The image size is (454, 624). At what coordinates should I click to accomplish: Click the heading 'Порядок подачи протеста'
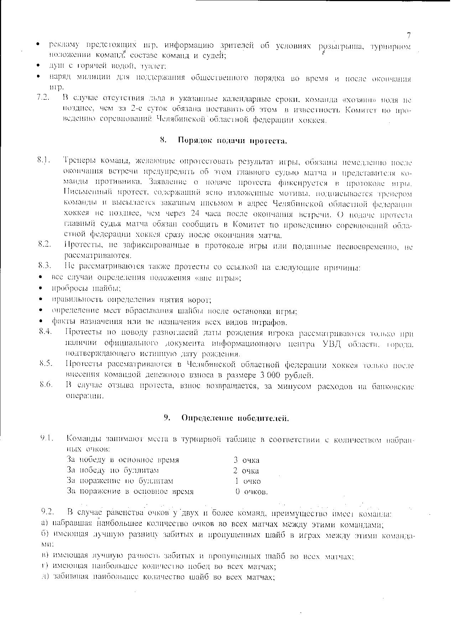[232, 141]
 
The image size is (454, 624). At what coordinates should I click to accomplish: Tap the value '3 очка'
[246, 460]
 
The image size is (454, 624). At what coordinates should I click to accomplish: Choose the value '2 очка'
[246, 471]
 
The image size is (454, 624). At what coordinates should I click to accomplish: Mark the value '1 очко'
[247, 481]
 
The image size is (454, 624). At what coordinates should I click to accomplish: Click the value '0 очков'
[251, 492]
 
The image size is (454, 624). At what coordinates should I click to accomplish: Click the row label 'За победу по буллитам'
[113, 471]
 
